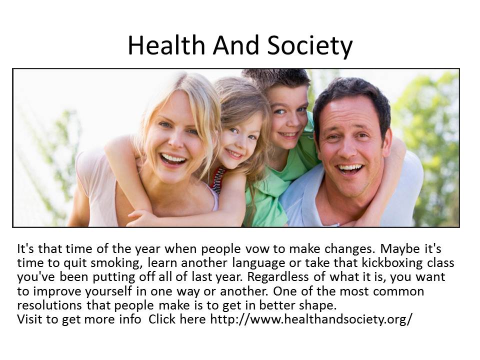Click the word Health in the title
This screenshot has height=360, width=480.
click(x=166, y=45)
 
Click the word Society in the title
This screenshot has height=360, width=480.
click(x=310, y=46)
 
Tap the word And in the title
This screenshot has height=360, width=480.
click(x=236, y=45)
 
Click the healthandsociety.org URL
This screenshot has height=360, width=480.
click(x=311, y=319)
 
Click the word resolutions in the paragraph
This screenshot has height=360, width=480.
click(x=49, y=305)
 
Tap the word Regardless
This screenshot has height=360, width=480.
click(x=278, y=277)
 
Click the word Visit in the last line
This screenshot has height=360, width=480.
click(x=29, y=319)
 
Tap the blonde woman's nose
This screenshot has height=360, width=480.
click(x=175, y=141)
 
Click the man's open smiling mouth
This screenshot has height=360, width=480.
click(x=350, y=169)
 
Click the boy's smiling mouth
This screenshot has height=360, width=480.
click(x=288, y=134)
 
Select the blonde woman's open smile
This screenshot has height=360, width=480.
click(x=173, y=159)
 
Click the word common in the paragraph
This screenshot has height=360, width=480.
click(x=398, y=291)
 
